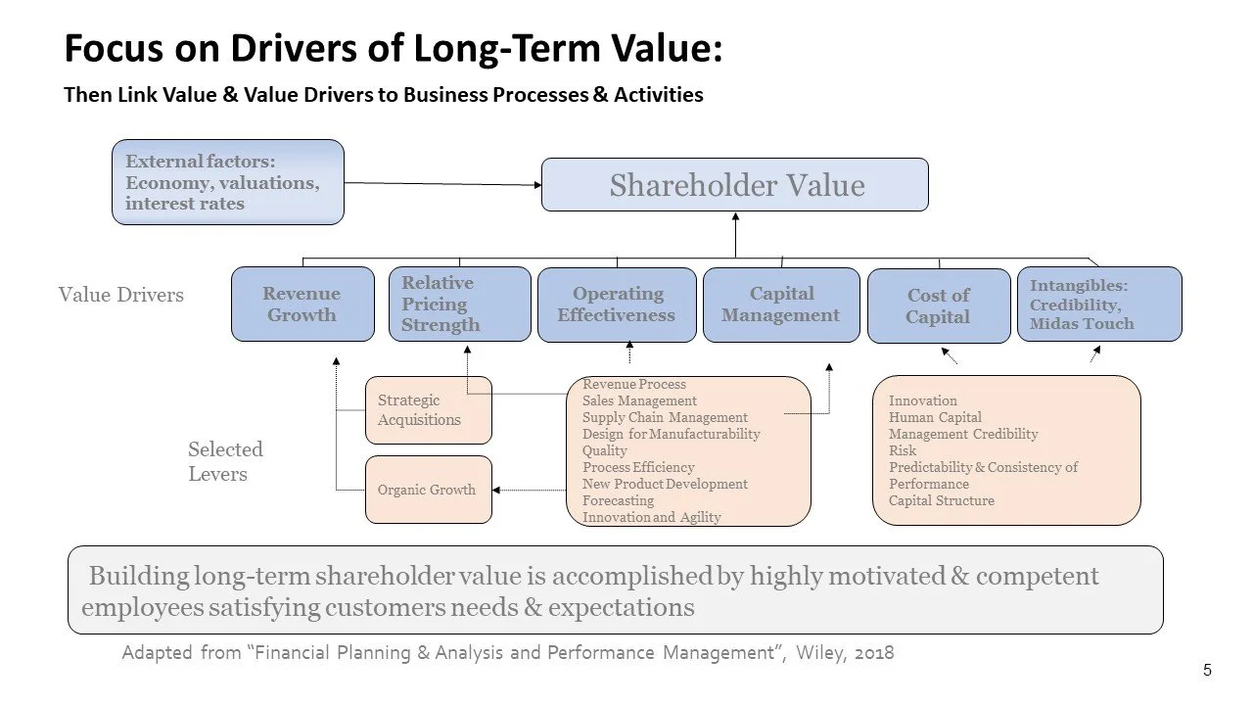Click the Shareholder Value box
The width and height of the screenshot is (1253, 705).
735,185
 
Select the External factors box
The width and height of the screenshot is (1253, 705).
227,182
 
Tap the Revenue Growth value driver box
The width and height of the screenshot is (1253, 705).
302,305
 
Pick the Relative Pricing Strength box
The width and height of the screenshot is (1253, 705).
459,304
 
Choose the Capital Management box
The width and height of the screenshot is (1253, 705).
780,305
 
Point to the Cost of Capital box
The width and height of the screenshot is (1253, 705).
938,306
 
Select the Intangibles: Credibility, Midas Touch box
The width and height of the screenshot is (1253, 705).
1098,305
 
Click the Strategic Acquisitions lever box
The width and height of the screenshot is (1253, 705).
428,410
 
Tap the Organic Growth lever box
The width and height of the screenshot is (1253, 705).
428,490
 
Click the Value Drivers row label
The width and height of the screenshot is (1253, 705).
120,295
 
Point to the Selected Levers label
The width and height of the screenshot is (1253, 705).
225,462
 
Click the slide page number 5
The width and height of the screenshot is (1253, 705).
1207,671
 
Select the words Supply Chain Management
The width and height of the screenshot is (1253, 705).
665,417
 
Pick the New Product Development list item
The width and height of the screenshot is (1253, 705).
665,484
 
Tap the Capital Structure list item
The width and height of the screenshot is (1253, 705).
941,500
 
